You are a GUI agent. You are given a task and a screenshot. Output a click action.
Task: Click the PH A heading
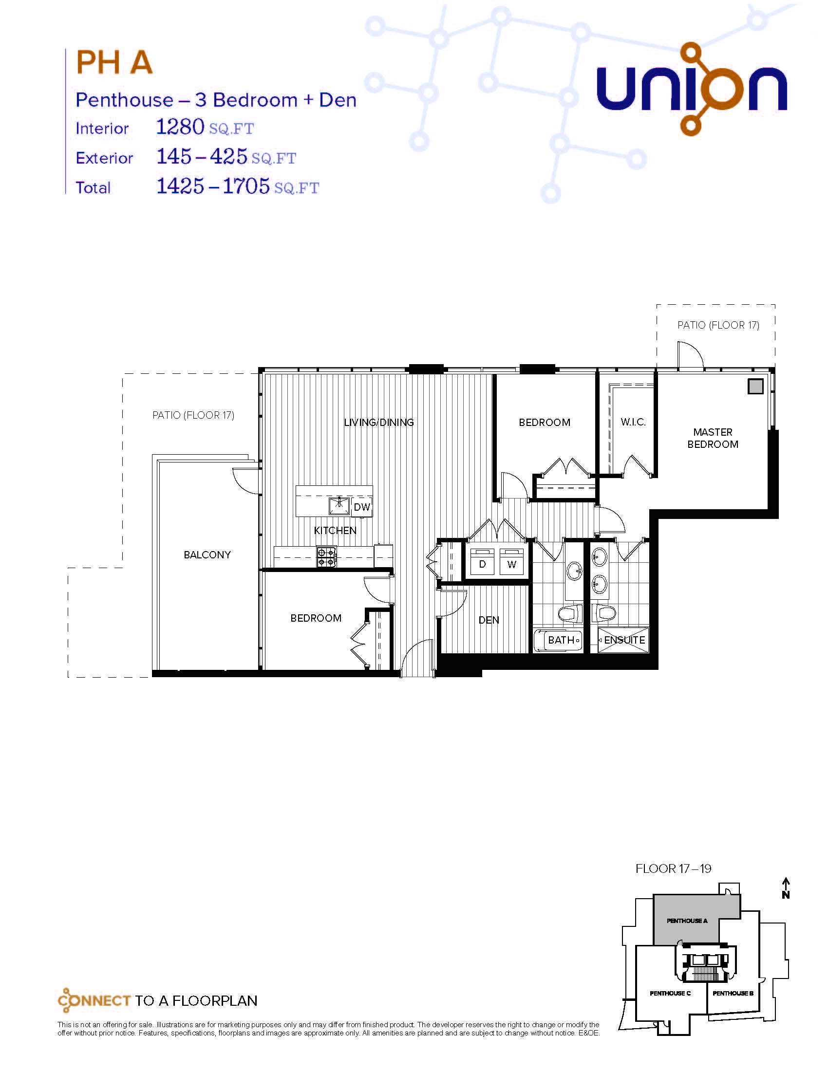pyautogui.click(x=114, y=62)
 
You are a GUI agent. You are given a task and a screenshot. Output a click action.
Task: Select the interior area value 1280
pyautogui.click(x=180, y=127)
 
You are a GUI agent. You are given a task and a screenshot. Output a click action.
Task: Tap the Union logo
pyautogui.click(x=692, y=89)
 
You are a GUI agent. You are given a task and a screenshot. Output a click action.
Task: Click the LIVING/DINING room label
pyautogui.click(x=378, y=422)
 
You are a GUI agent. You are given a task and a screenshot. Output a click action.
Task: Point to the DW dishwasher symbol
pyautogui.click(x=362, y=507)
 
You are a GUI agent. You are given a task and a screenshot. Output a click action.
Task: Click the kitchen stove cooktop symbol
pyautogui.click(x=327, y=556)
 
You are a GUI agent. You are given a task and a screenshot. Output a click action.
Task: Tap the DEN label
pyautogui.click(x=489, y=620)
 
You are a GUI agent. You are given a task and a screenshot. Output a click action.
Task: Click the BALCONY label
pyautogui.click(x=207, y=554)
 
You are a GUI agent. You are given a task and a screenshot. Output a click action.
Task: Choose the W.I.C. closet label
pyautogui.click(x=633, y=422)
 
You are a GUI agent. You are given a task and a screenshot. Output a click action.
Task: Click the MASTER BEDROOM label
pyautogui.click(x=713, y=438)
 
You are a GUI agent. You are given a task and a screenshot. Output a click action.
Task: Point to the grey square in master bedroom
pyautogui.click(x=755, y=387)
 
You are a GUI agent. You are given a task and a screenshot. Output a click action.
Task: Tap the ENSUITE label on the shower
pyautogui.click(x=624, y=640)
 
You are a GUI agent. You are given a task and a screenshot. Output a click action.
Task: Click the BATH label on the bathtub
pyautogui.click(x=561, y=640)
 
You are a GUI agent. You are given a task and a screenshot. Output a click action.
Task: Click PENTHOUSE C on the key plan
pyautogui.click(x=670, y=993)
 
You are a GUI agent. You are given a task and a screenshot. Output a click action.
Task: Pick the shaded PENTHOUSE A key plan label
pyautogui.click(x=687, y=921)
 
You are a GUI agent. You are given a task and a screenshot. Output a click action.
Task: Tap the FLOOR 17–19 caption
pyautogui.click(x=674, y=868)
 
